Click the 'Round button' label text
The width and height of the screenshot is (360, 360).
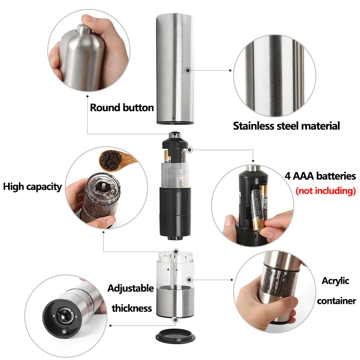(x=121, y=108)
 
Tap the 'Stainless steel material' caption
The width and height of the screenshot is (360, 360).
(x=286, y=126)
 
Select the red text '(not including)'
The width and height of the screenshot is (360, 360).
(x=325, y=191)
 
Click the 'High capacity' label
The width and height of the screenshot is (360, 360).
(x=32, y=187)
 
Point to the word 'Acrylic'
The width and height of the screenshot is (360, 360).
(x=335, y=281)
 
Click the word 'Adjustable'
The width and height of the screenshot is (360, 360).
(x=130, y=288)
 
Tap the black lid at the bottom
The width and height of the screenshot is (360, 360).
(x=175, y=336)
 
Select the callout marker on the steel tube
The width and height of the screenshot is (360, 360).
(x=188, y=70)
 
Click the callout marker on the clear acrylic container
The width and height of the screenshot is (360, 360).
(x=189, y=279)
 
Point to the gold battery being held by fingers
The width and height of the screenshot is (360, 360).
(x=257, y=209)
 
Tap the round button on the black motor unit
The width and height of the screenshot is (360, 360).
(x=175, y=134)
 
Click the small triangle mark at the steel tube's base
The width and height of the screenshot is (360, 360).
(x=173, y=118)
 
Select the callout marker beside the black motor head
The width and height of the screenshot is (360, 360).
(x=189, y=150)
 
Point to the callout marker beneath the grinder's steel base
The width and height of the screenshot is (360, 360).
(x=175, y=320)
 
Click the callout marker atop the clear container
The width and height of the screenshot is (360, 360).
(x=176, y=251)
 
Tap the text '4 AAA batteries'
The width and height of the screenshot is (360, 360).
(x=320, y=176)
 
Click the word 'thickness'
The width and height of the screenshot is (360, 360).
(x=132, y=308)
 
